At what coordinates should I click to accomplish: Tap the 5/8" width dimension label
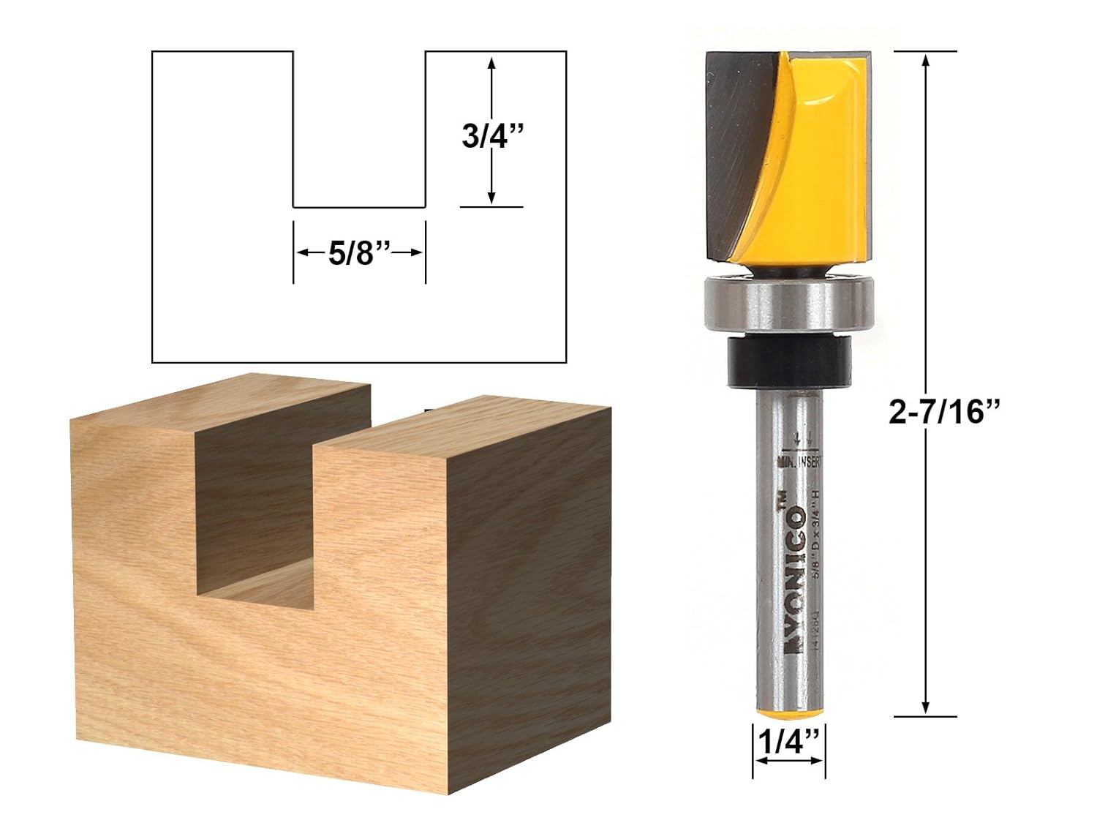pos(358,253)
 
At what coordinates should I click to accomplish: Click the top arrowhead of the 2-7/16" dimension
pos(926,60)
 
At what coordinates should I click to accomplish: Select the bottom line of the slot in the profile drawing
pos(358,207)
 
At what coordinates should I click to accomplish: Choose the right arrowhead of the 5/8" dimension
pos(418,252)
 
